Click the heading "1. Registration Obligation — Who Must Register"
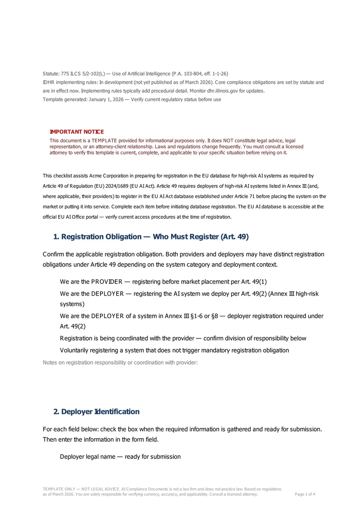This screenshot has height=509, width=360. coord(151,237)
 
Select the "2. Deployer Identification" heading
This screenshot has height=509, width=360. coord(96,412)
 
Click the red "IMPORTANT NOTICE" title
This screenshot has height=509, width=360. coord(76,132)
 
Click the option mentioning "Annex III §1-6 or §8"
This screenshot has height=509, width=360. coord(191,316)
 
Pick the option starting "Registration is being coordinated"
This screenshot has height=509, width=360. coord(183,338)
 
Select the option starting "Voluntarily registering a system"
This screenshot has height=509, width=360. coord(174,350)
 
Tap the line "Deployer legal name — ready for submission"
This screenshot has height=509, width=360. coord(120,457)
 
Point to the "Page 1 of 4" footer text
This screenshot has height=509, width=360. coord(305,494)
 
